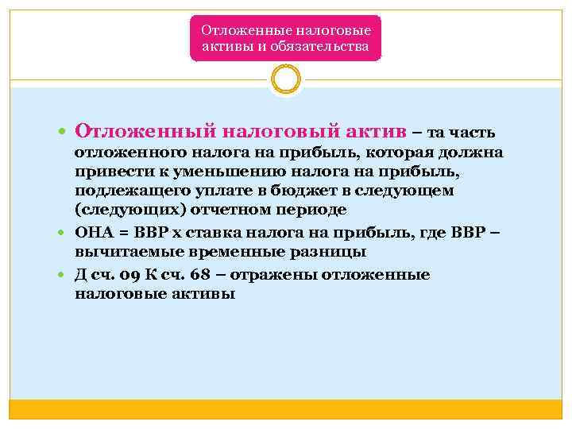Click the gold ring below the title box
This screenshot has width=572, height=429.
(285, 79)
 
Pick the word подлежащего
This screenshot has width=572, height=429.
(122, 191)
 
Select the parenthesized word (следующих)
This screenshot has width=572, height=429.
(122, 210)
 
